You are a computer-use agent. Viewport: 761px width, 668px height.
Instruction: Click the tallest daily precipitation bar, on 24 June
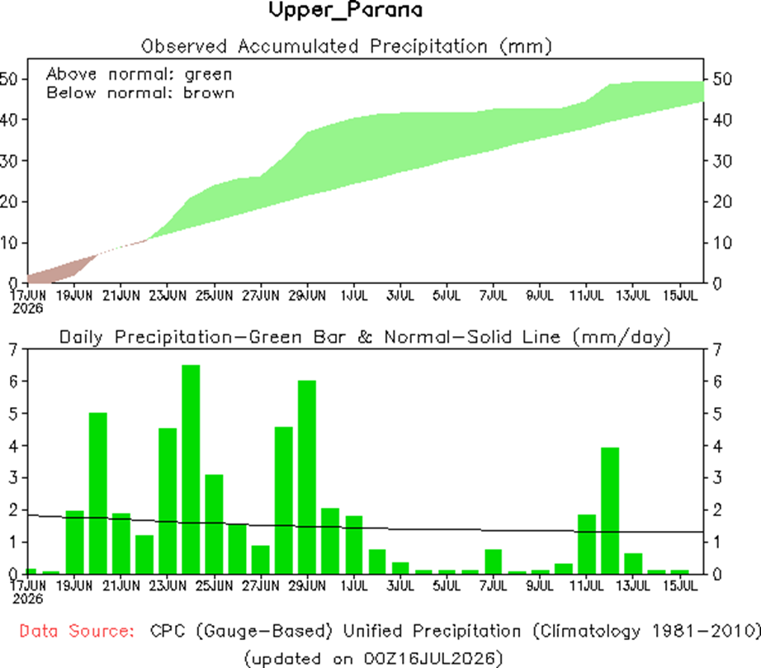click(x=191, y=470)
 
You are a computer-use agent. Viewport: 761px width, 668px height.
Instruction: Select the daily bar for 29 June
click(x=307, y=477)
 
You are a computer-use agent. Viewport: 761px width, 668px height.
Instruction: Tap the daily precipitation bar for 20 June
click(x=98, y=493)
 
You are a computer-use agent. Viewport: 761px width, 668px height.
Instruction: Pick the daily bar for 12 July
click(x=610, y=511)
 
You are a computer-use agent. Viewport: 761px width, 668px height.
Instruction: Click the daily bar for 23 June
click(x=168, y=501)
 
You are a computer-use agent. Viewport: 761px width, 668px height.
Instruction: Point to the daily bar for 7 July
click(x=494, y=561)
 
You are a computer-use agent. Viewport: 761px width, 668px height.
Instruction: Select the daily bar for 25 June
click(x=214, y=524)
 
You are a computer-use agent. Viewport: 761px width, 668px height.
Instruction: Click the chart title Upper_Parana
click(x=346, y=10)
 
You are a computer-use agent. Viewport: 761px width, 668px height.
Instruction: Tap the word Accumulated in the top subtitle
click(x=298, y=46)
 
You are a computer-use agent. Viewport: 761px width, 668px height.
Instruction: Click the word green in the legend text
click(x=208, y=75)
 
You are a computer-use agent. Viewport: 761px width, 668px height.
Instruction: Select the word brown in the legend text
click(x=209, y=92)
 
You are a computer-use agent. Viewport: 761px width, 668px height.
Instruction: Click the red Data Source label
click(x=77, y=631)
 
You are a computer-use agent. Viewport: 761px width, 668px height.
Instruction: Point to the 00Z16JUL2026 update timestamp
click(x=431, y=658)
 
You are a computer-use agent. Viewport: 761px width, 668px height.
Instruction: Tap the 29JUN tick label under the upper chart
click(x=307, y=295)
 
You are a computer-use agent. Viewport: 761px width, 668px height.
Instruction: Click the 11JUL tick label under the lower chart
click(x=586, y=585)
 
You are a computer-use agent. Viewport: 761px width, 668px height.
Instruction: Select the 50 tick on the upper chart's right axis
click(x=722, y=79)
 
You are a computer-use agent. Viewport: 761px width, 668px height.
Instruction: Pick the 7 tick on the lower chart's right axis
click(x=717, y=349)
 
